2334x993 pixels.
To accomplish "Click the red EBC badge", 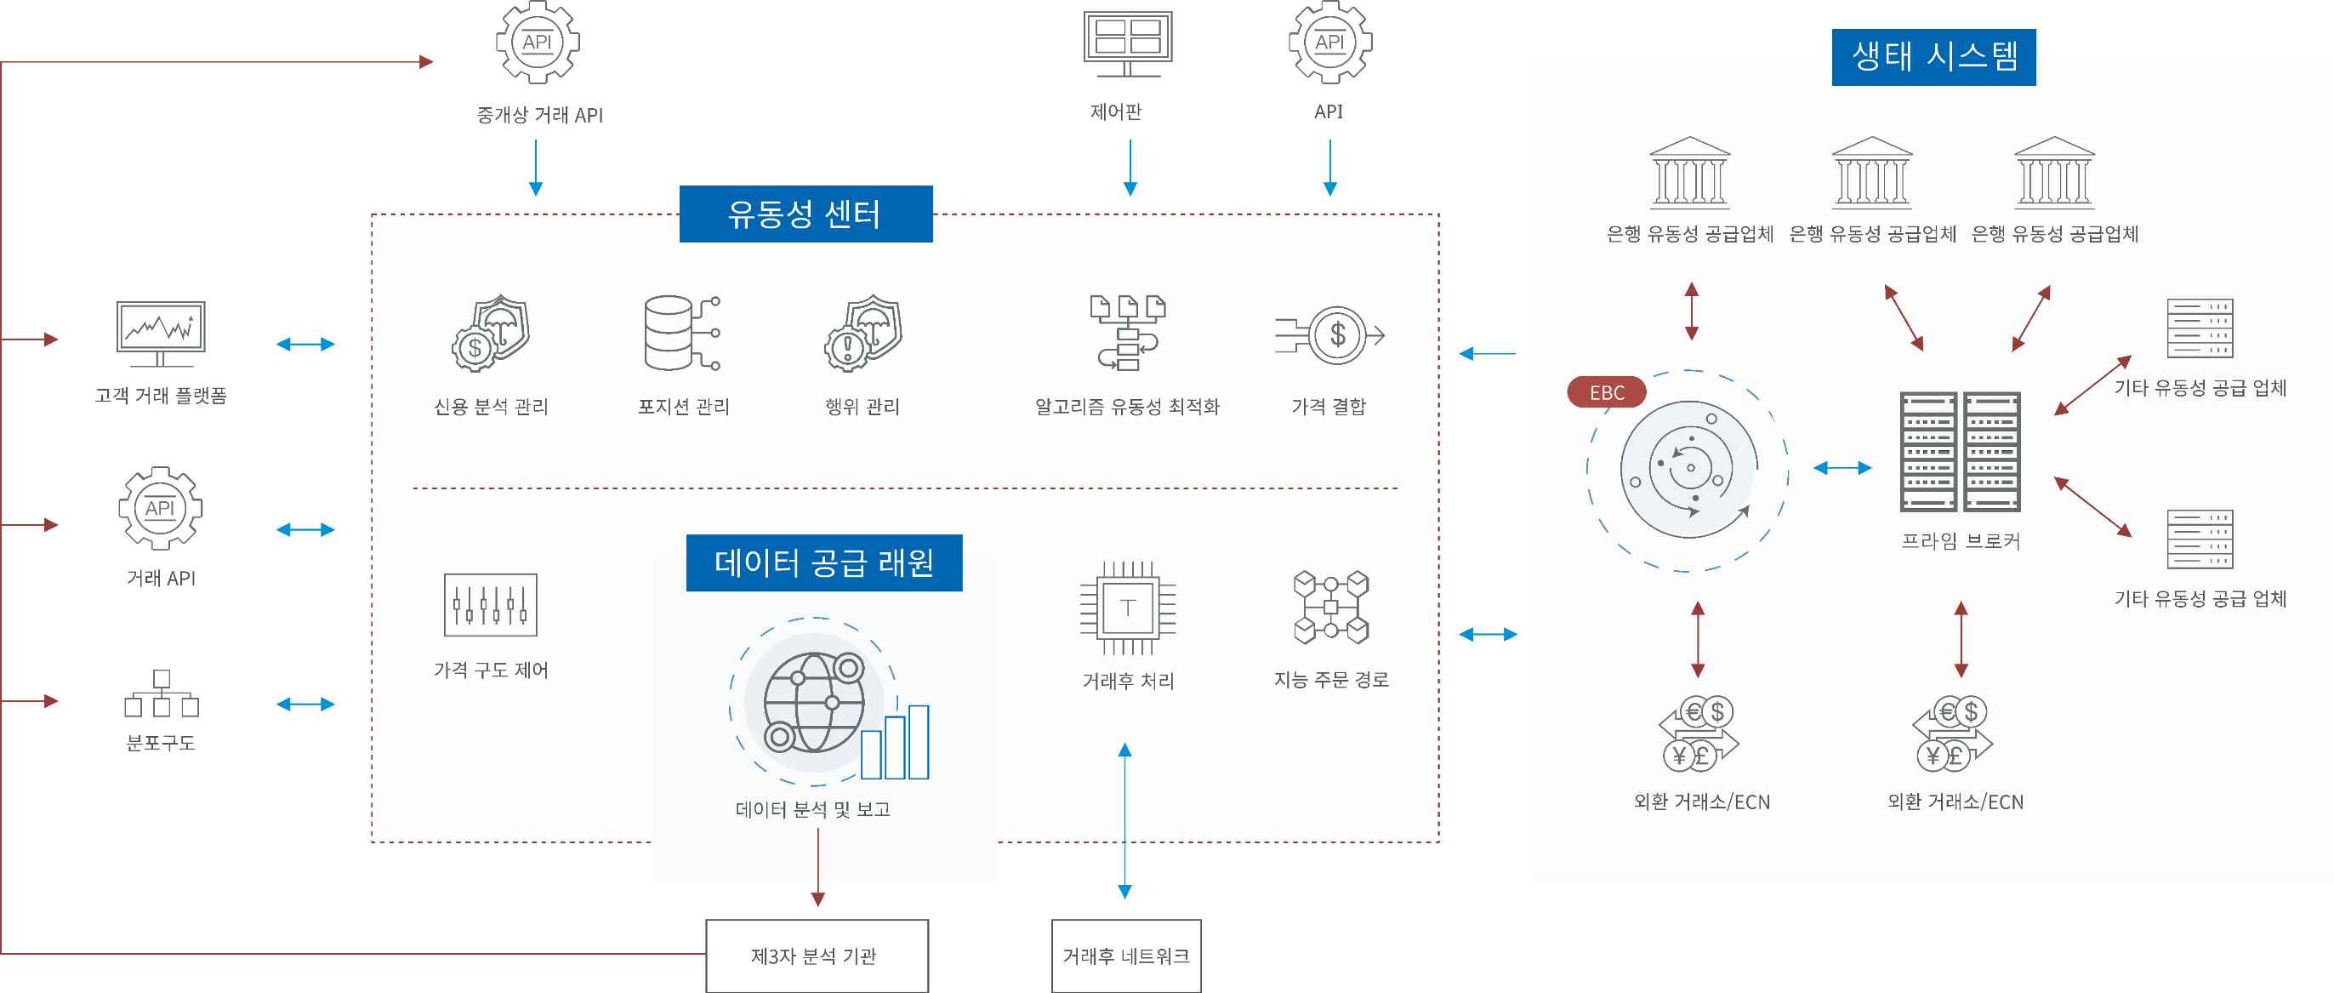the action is click(1607, 392).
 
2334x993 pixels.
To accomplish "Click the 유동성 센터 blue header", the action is click(806, 214).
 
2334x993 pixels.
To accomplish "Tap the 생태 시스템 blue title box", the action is click(1933, 57).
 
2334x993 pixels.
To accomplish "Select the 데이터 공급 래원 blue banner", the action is click(823, 562).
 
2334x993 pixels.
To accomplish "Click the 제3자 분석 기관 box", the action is click(817, 956).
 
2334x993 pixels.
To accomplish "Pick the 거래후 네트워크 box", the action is click(1126, 956).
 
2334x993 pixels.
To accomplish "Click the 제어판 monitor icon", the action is click(1128, 43).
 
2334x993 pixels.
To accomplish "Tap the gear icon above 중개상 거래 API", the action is click(538, 42).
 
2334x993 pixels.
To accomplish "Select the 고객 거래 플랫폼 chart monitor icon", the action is click(161, 334).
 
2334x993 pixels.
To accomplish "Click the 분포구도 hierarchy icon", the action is click(162, 693).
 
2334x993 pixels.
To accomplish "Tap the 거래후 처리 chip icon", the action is click(1127, 607).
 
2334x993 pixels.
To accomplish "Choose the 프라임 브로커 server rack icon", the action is click(1960, 451).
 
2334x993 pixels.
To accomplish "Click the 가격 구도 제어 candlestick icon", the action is click(490, 604).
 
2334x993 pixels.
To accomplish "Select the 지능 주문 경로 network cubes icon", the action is click(1331, 607).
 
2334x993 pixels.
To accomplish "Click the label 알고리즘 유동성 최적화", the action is click(1127, 407).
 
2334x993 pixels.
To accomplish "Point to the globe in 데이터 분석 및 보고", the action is click(814, 702).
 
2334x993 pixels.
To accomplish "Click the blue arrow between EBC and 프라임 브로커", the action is click(1842, 467).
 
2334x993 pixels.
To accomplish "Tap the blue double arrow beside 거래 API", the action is click(305, 529).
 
